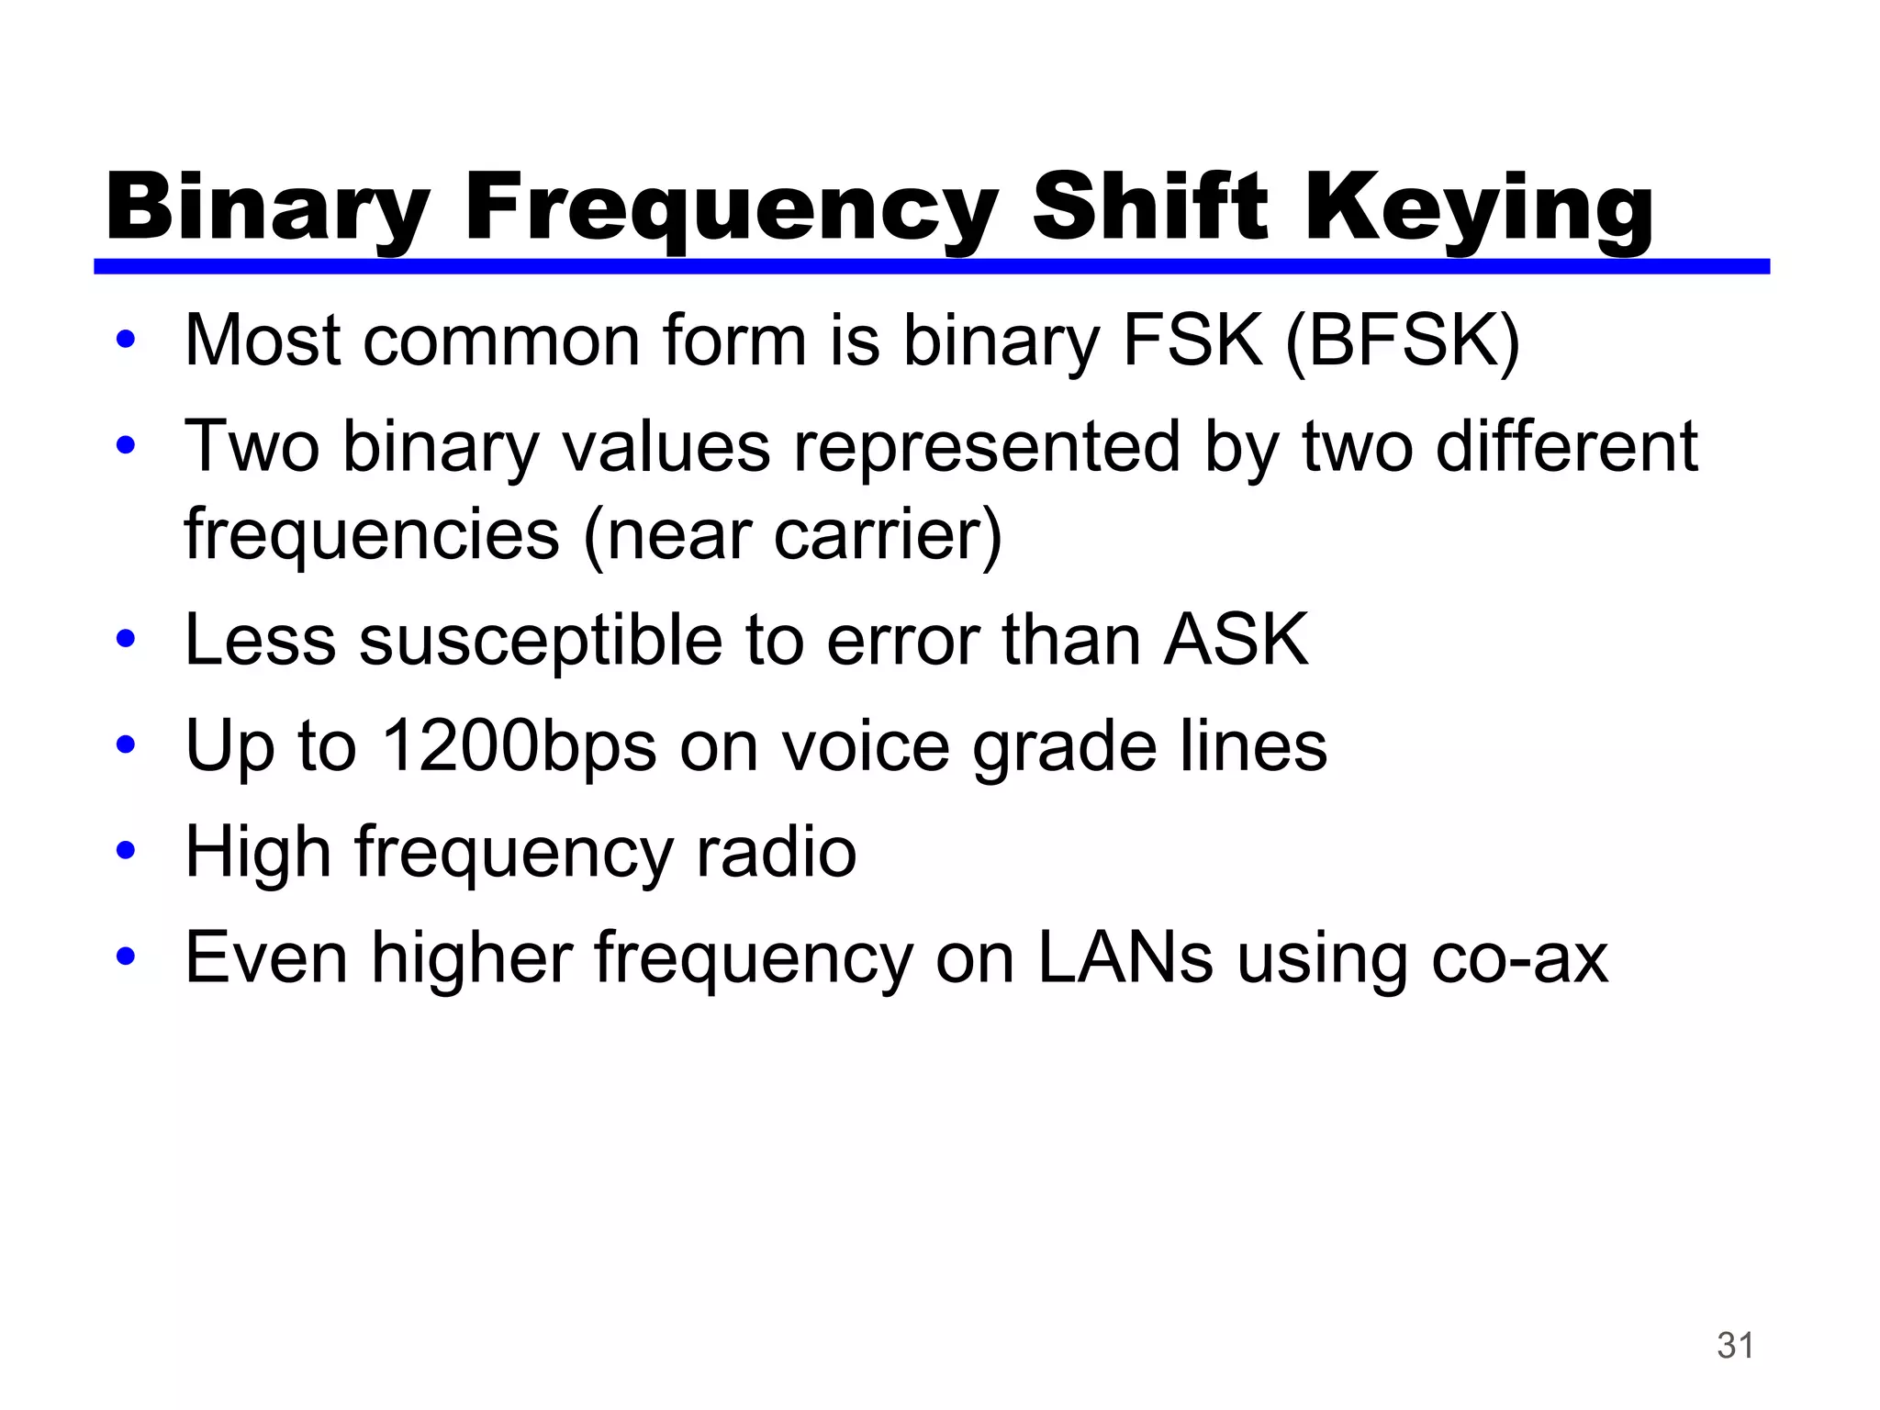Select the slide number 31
pyautogui.click(x=1735, y=1346)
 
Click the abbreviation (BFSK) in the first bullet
pyautogui.click(x=1402, y=341)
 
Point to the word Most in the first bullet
pyautogui.click(x=263, y=341)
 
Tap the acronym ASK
pyautogui.click(x=1236, y=640)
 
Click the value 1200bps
pyautogui.click(x=519, y=746)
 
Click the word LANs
pyautogui.click(x=1125, y=957)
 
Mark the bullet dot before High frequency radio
pyautogui.click(x=126, y=850)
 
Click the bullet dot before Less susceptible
pyautogui.click(x=126, y=638)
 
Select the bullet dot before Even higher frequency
pyautogui.click(x=126, y=956)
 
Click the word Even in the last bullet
pyautogui.click(x=266, y=957)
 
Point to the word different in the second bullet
pyautogui.click(x=1566, y=447)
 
